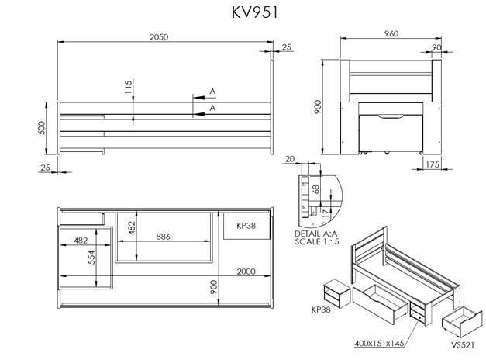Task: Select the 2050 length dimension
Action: click(x=159, y=37)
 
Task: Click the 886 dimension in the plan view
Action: click(x=163, y=236)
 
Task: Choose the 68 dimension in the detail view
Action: click(x=315, y=189)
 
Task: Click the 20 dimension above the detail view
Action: click(x=291, y=159)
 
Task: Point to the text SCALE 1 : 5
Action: click(x=315, y=241)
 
